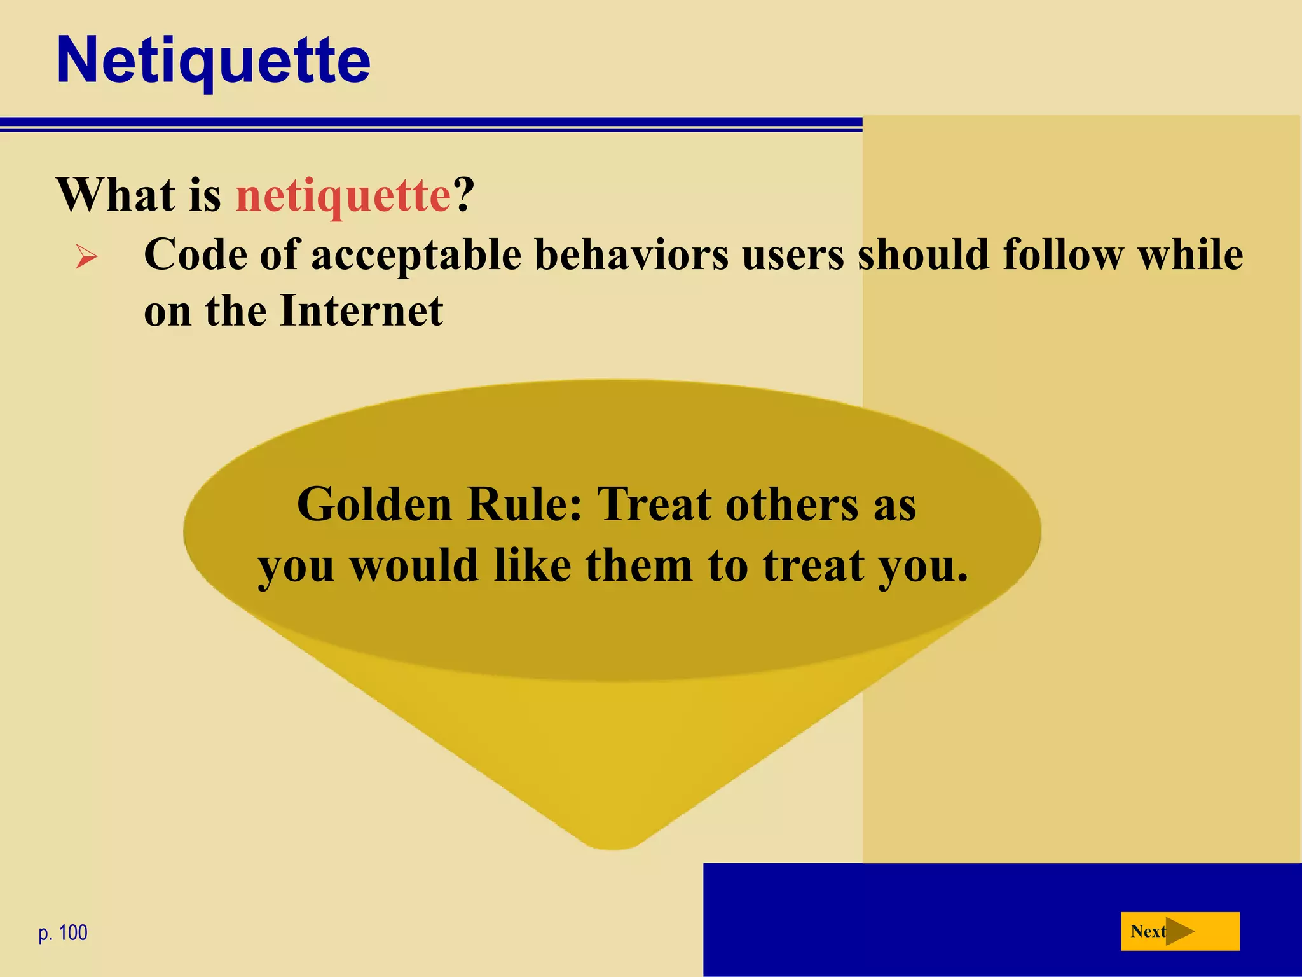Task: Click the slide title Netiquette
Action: click(x=213, y=60)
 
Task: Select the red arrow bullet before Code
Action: click(x=86, y=257)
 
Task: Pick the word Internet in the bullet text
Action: click(x=361, y=312)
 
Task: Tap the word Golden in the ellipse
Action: click(x=374, y=504)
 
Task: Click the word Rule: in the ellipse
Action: click(x=524, y=504)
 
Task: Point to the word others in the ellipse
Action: click(x=792, y=504)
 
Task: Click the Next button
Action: click(x=1179, y=931)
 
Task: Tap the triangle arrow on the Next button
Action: click(x=1179, y=932)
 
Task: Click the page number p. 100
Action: click(x=63, y=933)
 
